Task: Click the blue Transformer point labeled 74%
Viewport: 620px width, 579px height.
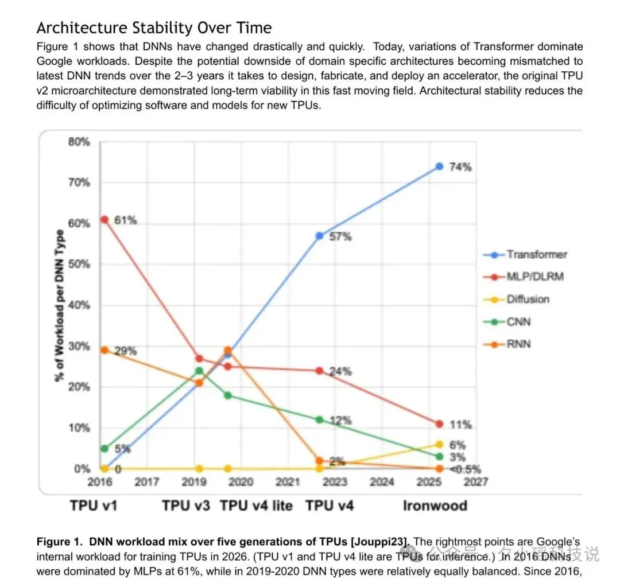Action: [x=439, y=166]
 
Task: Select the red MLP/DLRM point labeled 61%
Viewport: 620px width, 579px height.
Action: [x=104, y=219]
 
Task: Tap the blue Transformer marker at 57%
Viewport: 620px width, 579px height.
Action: [x=320, y=236]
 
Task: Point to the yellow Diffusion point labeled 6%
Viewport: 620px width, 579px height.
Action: [x=439, y=444]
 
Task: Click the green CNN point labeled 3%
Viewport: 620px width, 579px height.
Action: [x=439, y=456]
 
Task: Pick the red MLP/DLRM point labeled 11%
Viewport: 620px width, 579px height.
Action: [x=439, y=424]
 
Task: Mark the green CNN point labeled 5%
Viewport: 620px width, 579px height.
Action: [x=104, y=449]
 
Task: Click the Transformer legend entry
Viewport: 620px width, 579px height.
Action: [x=525, y=255]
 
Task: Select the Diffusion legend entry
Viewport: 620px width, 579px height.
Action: [x=517, y=299]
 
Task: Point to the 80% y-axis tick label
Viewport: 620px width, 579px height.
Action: [x=79, y=142]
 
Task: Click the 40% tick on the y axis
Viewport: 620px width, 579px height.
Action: [x=79, y=305]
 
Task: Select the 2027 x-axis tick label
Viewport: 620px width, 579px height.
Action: [x=476, y=482]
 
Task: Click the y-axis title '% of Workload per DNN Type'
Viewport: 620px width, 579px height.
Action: [x=59, y=306]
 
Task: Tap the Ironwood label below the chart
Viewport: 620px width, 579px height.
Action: [x=435, y=506]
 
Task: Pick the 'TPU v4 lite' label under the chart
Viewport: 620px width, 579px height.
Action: [x=256, y=506]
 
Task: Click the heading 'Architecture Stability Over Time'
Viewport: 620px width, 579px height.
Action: [x=154, y=28]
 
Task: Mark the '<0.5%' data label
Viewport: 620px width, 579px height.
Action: [x=466, y=469]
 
